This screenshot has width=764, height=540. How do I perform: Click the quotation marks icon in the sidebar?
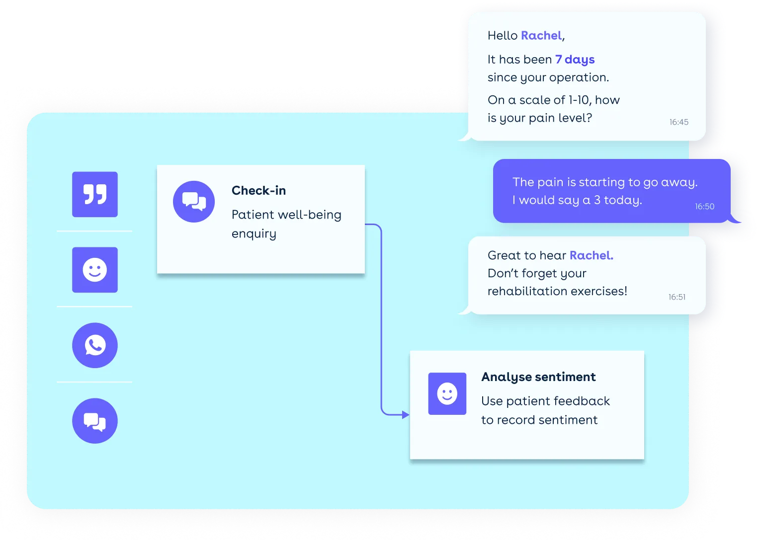click(95, 194)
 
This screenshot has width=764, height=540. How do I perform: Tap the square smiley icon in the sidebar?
click(95, 270)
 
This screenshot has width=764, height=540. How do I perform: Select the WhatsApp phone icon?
click(95, 345)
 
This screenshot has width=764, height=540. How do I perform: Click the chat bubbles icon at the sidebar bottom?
click(95, 421)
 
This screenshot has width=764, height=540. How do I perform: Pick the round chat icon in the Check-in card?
click(194, 201)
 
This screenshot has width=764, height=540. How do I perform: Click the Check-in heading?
click(258, 191)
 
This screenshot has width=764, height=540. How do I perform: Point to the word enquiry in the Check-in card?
click(254, 234)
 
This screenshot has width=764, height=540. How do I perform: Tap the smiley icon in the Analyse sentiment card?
click(447, 393)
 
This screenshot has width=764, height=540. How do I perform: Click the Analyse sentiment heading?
click(538, 377)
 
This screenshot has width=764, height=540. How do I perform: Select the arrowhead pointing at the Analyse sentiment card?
click(406, 414)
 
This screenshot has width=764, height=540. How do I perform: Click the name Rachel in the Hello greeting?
click(541, 36)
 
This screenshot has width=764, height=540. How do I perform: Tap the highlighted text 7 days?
click(575, 60)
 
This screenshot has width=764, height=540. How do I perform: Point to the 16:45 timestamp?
click(679, 122)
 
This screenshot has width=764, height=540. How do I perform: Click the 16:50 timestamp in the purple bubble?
click(704, 207)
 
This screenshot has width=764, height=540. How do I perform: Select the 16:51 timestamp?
click(677, 297)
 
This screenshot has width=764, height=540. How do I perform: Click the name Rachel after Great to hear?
click(591, 255)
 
